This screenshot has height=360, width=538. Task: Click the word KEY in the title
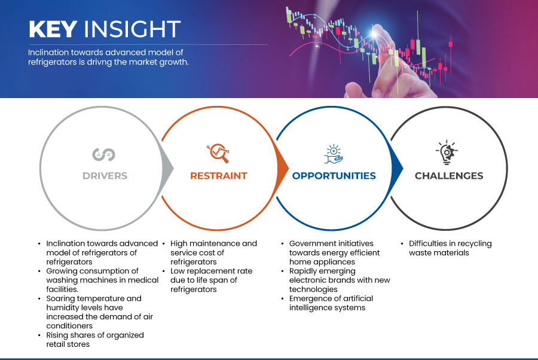[53, 29]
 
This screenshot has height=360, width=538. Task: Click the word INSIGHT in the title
[132, 29]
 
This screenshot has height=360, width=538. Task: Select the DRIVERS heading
[105, 176]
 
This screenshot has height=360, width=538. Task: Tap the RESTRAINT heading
[219, 176]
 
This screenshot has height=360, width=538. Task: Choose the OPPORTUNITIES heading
[334, 176]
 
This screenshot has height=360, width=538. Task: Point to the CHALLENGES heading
[449, 176]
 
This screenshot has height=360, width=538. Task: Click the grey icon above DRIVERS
[103, 154]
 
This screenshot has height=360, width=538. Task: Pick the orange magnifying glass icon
[218, 153]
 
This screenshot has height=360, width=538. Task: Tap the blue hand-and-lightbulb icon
[334, 154]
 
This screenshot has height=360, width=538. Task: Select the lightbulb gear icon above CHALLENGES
[447, 152]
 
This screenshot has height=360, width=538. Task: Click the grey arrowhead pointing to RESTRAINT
[167, 168]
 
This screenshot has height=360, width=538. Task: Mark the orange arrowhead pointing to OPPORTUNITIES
[282, 168]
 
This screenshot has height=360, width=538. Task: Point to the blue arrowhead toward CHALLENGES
[397, 168]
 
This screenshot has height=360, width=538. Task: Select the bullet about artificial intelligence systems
[328, 303]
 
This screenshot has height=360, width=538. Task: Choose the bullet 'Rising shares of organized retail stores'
[91, 340]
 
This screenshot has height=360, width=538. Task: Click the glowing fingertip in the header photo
[375, 33]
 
